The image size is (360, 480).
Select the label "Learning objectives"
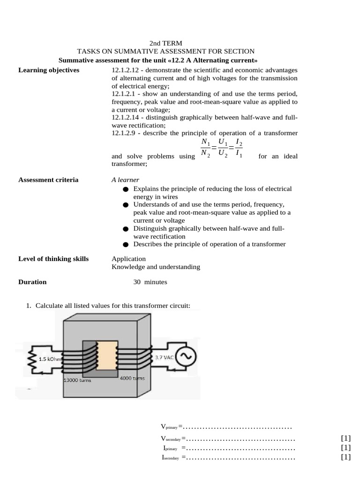pyautogui.click(x=49, y=70)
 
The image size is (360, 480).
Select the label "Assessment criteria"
pyautogui.click(x=48, y=180)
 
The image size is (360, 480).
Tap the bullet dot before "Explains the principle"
pyautogui.click(x=125, y=189)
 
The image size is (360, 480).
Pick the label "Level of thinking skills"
pyautogui.click(x=53, y=259)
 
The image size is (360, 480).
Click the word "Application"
pyautogui.click(x=128, y=259)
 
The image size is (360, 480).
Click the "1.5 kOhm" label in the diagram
pyautogui.click(x=49, y=360)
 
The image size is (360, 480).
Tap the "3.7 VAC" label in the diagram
pyautogui.click(x=164, y=357)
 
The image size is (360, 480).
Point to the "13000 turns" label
pyautogui.click(x=77, y=380)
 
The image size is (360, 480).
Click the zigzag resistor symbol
pyautogui.click(x=34, y=360)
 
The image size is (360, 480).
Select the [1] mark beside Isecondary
pyautogui.click(x=346, y=457)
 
